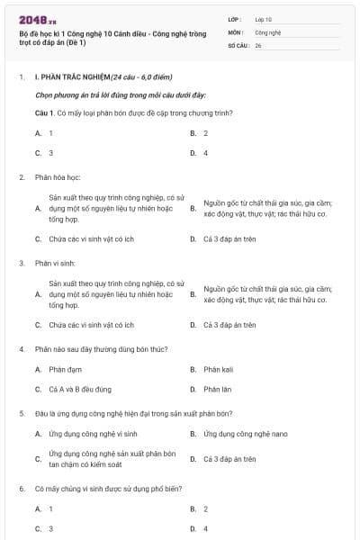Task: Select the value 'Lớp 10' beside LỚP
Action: (x=264, y=19)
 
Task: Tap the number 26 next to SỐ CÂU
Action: (x=258, y=44)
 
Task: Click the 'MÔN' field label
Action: (x=236, y=31)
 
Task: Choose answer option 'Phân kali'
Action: (x=218, y=369)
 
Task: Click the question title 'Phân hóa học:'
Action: (x=58, y=177)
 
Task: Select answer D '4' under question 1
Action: (x=206, y=153)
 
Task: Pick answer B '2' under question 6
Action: (x=206, y=508)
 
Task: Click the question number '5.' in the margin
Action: (x=22, y=413)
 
